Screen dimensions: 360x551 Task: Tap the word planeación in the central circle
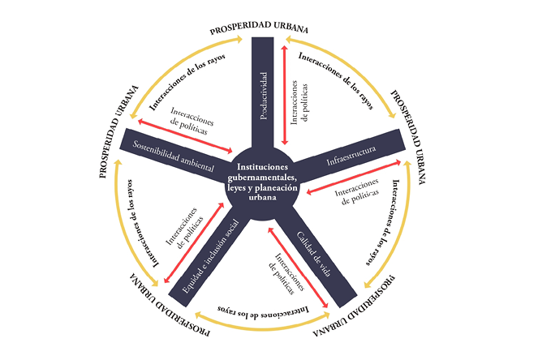278,186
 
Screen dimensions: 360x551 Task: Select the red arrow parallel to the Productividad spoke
283,95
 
